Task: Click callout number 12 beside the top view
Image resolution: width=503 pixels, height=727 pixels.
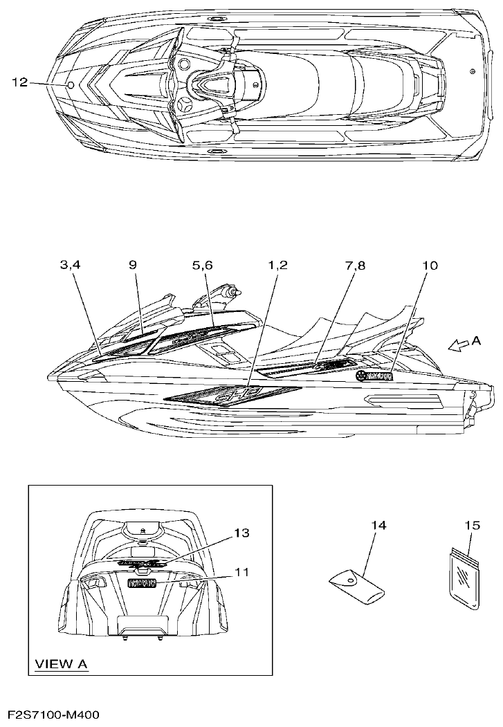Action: tap(19, 83)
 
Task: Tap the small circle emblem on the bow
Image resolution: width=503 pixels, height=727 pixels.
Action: tap(71, 84)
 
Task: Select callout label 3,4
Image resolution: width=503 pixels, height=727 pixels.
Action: tap(71, 264)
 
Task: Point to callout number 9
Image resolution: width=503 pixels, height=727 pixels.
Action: tap(133, 264)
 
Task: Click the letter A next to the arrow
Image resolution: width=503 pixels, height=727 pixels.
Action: tap(476, 340)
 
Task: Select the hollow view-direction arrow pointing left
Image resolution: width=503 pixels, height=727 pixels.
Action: tap(457, 345)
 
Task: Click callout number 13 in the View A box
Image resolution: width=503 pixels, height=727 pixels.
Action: tap(241, 533)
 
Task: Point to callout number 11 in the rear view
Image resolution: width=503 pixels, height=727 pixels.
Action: tap(241, 572)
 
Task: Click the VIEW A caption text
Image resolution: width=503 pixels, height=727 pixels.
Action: tap(62, 664)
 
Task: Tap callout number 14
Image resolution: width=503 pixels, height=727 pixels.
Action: tap(378, 526)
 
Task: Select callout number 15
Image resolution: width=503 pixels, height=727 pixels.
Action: tap(472, 526)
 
